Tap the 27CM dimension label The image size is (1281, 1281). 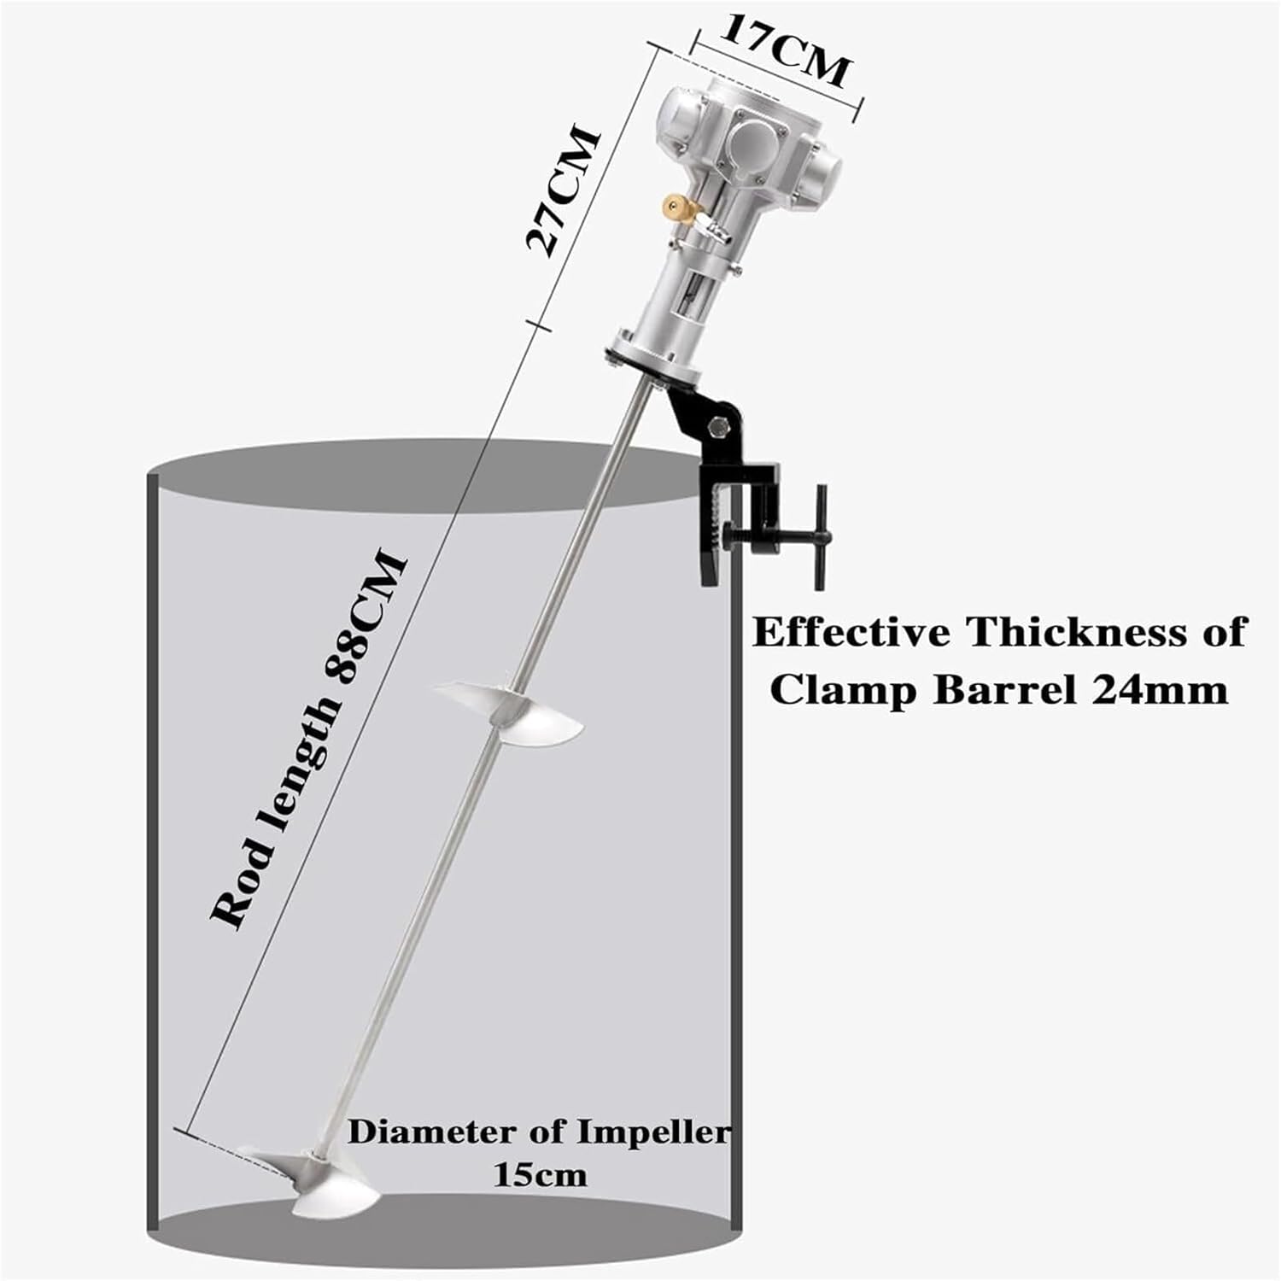[563, 191]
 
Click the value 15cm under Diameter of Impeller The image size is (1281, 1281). [540, 1174]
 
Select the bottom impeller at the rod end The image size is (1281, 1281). [313, 1179]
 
